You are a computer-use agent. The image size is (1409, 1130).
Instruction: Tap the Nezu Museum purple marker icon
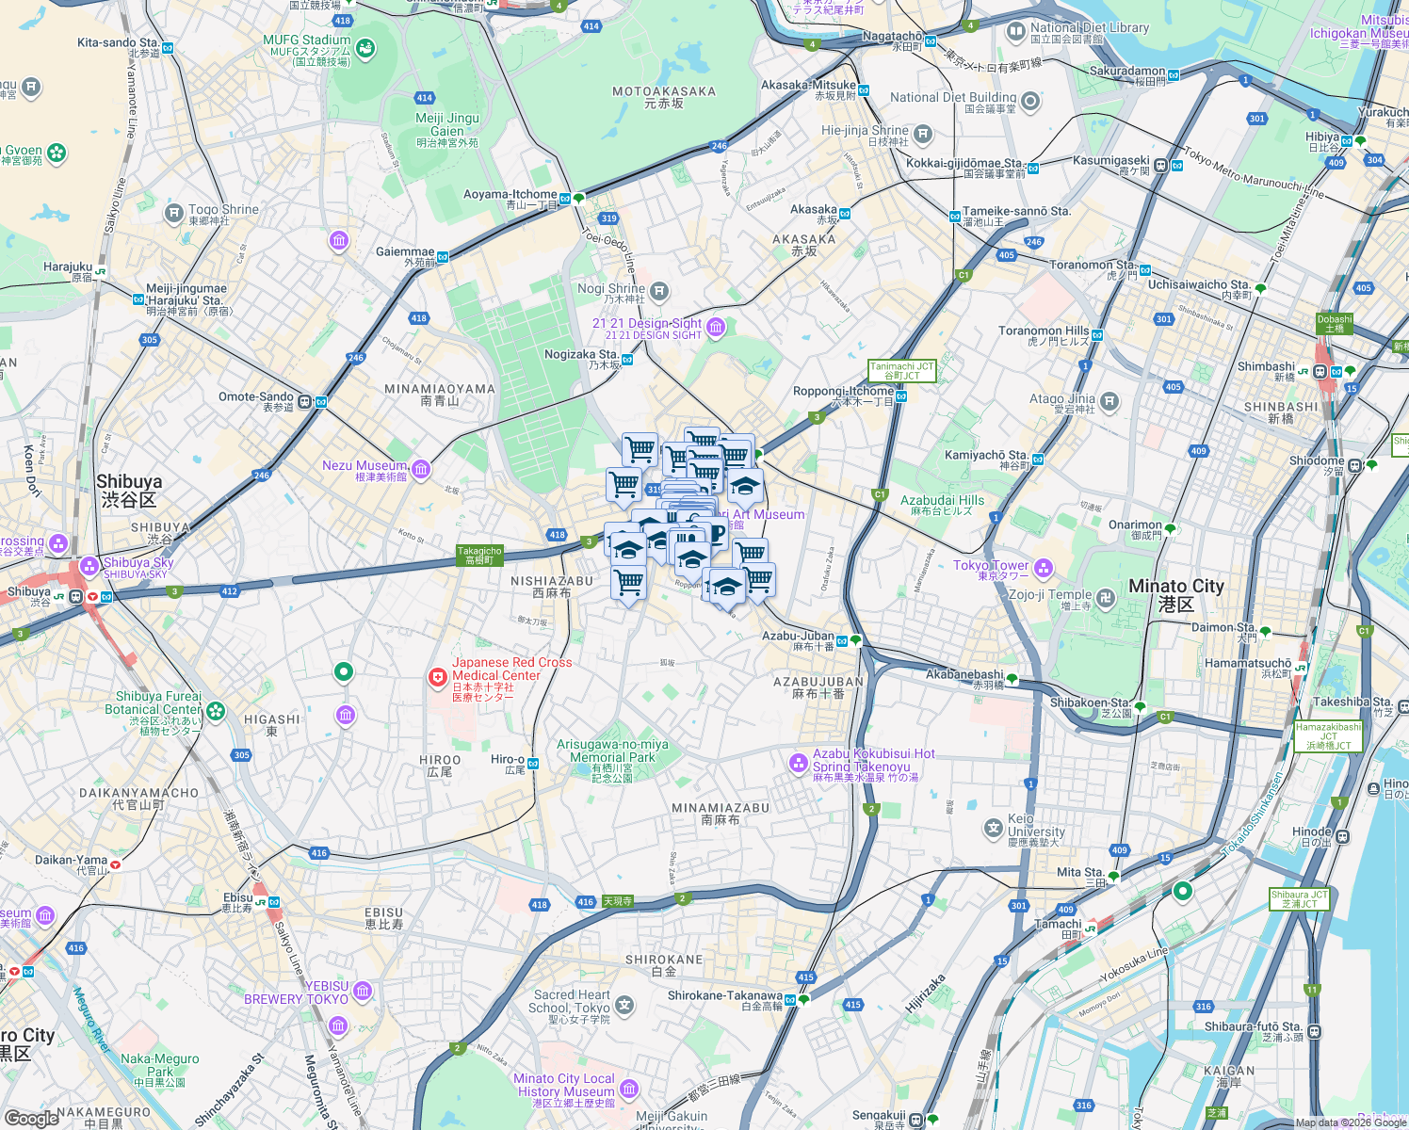pyautogui.click(x=421, y=468)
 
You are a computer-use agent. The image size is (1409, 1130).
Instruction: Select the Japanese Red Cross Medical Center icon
pyautogui.click(x=437, y=677)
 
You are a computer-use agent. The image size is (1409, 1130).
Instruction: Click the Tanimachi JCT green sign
pyautogui.click(x=901, y=371)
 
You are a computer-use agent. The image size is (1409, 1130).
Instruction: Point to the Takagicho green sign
pyautogui.click(x=479, y=556)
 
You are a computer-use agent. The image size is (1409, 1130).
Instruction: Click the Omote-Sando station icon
pyautogui.click(x=320, y=402)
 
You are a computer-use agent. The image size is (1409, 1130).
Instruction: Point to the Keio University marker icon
pyautogui.click(x=993, y=828)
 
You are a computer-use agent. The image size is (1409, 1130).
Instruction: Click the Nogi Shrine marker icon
pyautogui.click(x=659, y=290)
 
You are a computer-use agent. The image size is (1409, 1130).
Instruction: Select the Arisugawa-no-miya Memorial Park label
pyautogui.click(x=612, y=751)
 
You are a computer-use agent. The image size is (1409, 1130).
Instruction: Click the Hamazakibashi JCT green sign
pyautogui.click(x=1328, y=735)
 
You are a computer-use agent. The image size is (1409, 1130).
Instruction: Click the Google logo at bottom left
pyautogui.click(x=31, y=1118)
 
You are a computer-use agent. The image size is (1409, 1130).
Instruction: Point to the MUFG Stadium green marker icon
pyautogui.click(x=365, y=47)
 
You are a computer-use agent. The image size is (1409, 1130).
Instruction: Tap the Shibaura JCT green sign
pyautogui.click(x=1299, y=899)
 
